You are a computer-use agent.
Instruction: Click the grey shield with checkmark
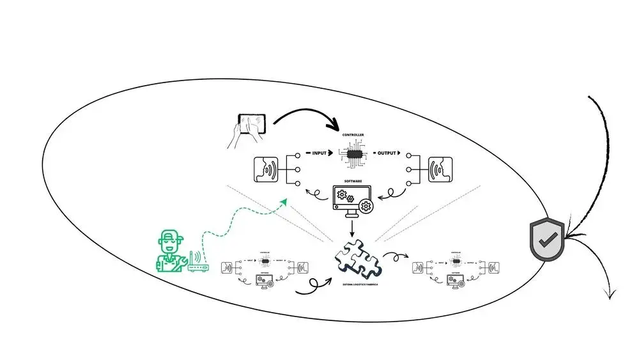tap(546, 239)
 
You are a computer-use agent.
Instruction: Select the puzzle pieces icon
tap(357, 257)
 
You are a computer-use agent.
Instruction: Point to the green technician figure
tap(171, 251)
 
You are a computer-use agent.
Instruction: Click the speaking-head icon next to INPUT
tap(266, 171)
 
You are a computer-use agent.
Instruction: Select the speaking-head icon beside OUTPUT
tap(440, 171)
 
